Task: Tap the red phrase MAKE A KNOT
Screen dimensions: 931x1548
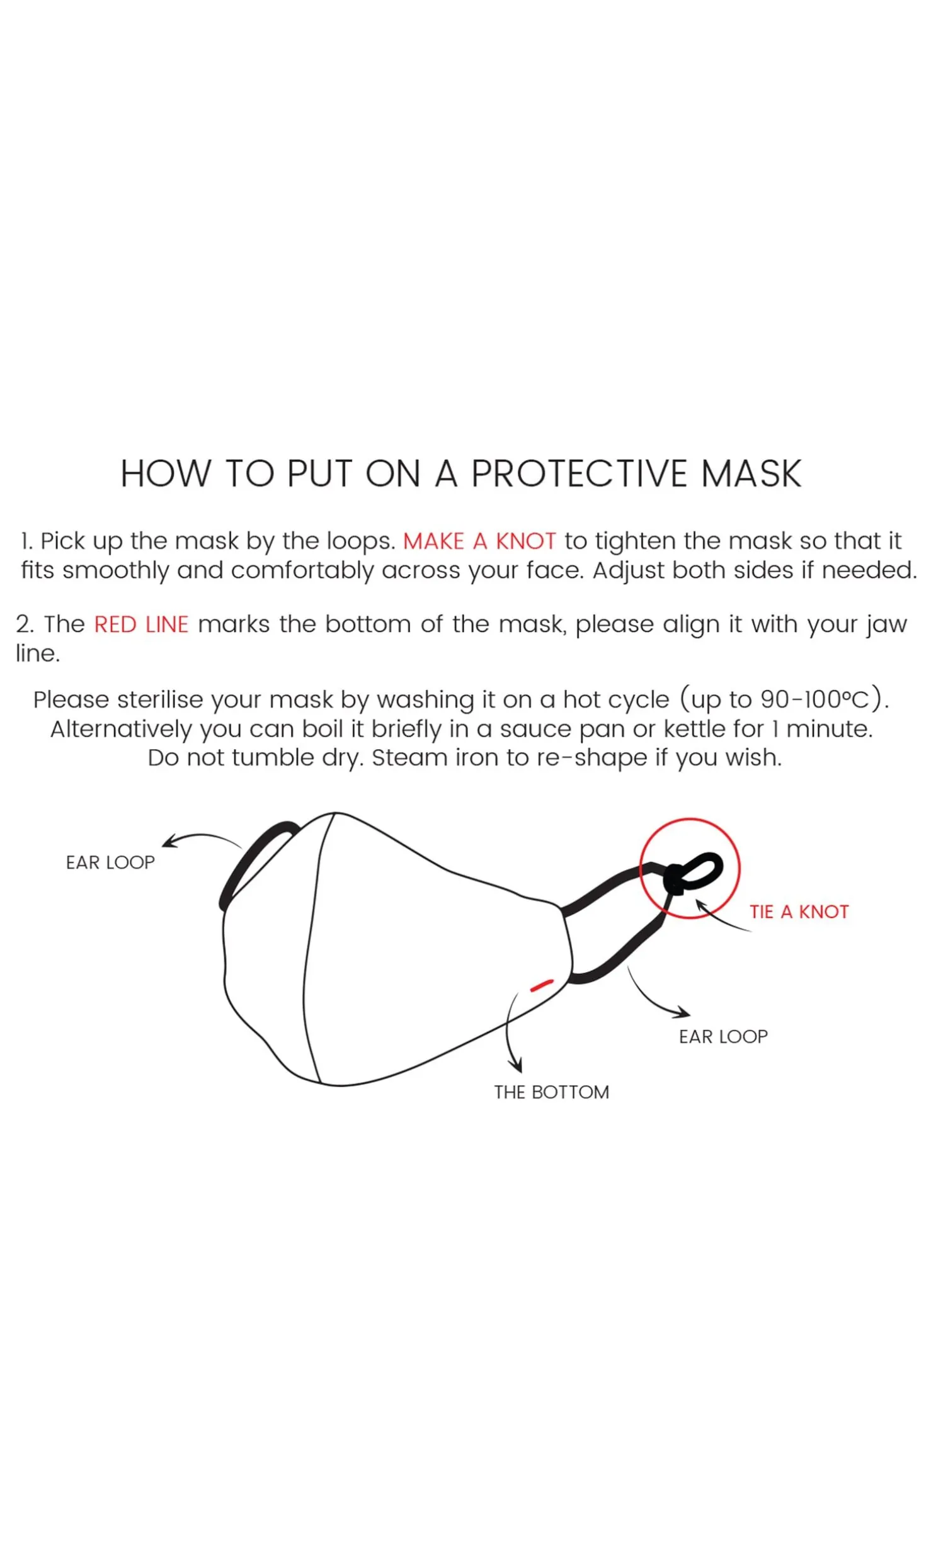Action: tap(479, 541)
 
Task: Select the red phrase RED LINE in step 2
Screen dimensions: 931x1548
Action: tap(141, 624)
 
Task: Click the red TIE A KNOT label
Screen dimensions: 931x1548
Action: tap(799, 912)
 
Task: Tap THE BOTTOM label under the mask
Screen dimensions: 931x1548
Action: tap(551, 1092)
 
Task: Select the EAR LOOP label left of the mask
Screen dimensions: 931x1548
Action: tap(110, 862)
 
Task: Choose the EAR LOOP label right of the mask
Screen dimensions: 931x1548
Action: tap(723, 1036)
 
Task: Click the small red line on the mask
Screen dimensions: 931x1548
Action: tap(542, 985)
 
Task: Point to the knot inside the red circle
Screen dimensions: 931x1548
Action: tap(675, 880)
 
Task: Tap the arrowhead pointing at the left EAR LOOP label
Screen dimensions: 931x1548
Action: tap(169, 842)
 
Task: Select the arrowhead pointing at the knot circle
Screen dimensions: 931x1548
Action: tap(700, 906)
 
